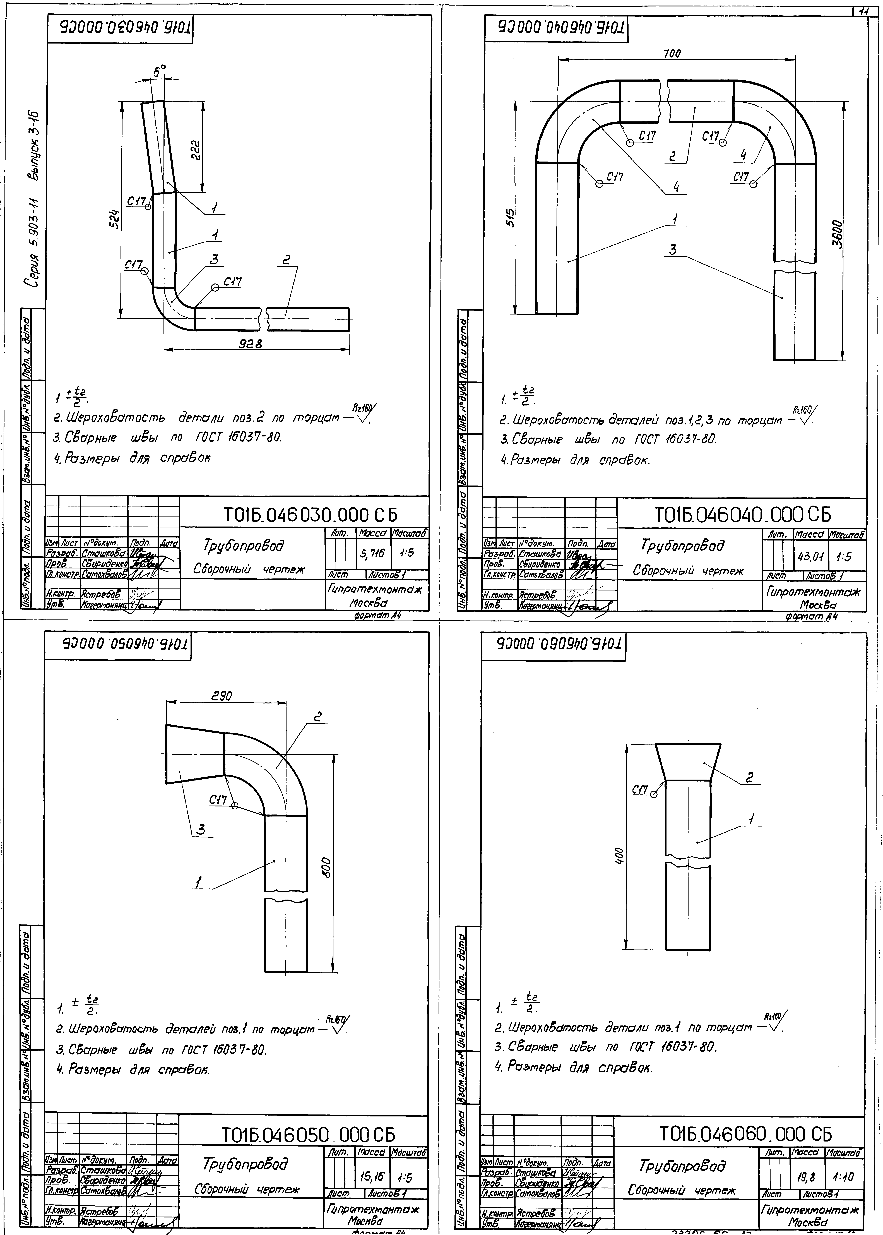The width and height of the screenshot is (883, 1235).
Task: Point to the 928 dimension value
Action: pyautogui.click(x=252, y=344)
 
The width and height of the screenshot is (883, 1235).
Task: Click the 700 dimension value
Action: pyautogui.click(x=672, y=53)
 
